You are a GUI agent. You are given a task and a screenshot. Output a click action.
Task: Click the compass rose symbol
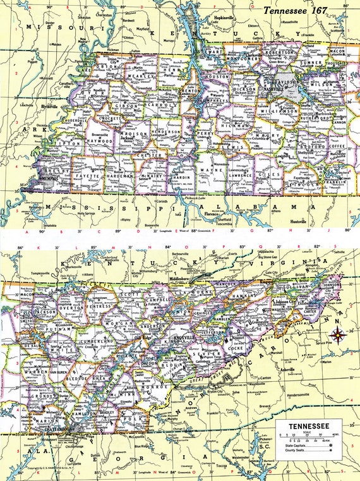point(339,334)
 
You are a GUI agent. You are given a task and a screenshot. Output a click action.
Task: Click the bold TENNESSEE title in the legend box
point(309,427)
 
